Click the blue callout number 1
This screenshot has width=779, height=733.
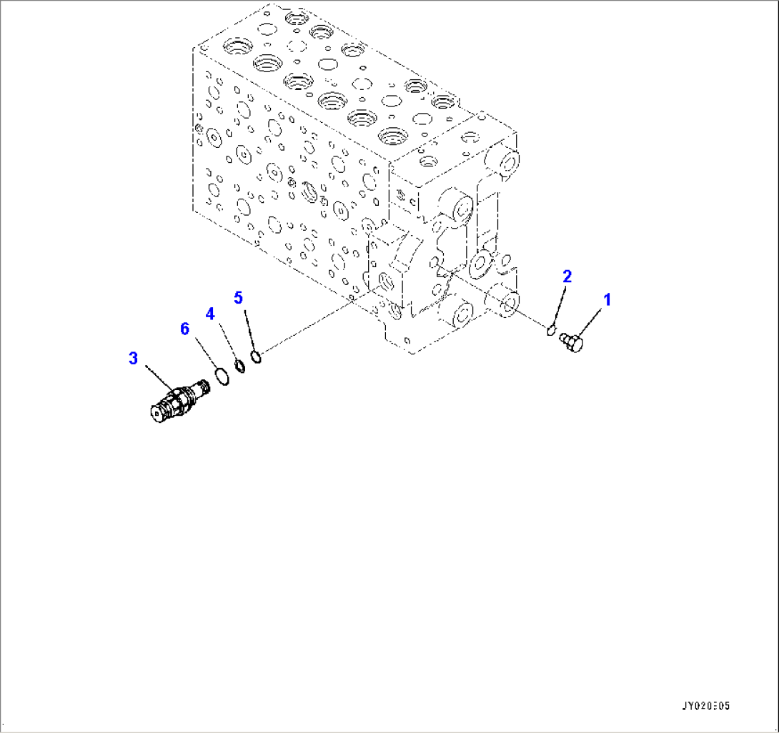(607, 300)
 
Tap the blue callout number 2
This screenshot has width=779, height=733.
(567, 276)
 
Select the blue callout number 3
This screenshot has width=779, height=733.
(133, 358)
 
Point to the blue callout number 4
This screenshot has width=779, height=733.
(210, 313)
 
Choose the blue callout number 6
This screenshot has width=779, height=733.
(185, 329)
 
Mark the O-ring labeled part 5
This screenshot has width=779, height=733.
(257, 356)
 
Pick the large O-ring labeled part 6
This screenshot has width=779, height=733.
(222, 377)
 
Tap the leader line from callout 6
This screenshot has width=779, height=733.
(203, 352)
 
